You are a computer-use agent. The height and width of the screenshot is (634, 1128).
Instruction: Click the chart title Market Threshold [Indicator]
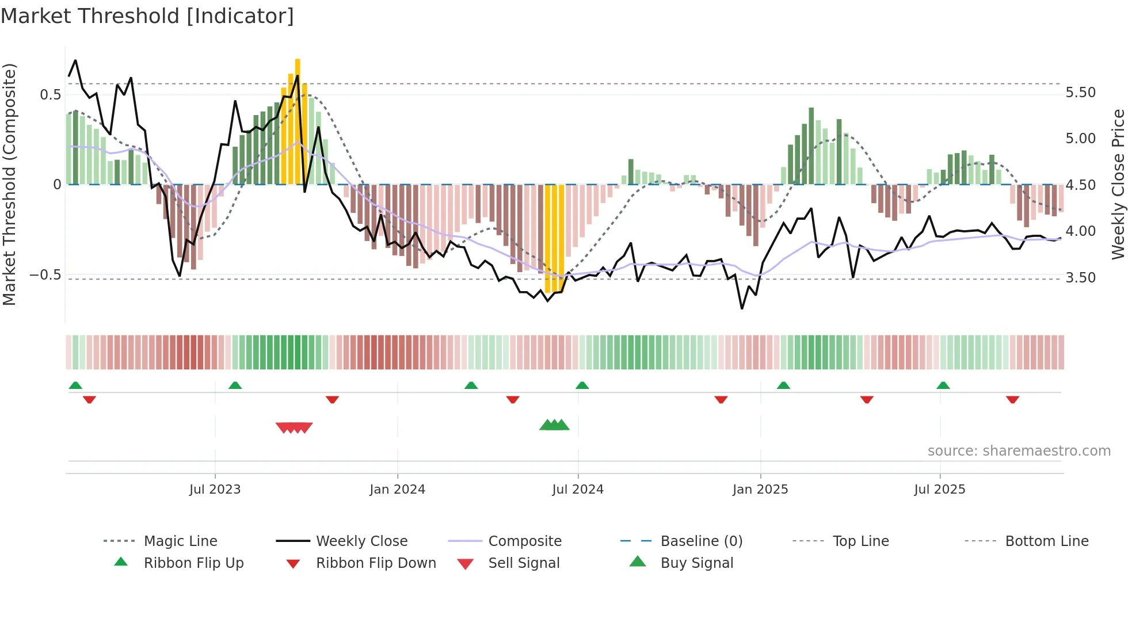click(x=147, y=16)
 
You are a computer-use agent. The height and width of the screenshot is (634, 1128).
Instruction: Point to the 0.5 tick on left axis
click(x=50, y=94)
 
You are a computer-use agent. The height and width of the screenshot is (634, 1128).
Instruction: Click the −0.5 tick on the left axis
click(x=45, y=275)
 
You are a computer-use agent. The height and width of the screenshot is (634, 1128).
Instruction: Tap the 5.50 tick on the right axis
click(x=1080, y=93)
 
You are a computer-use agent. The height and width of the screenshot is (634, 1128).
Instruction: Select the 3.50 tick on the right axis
click(x=1080, y=278)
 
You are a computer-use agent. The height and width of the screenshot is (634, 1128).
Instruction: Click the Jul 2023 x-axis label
click(x=215, y=490)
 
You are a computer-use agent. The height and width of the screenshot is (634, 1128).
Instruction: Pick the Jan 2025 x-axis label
click(x=760, y=490)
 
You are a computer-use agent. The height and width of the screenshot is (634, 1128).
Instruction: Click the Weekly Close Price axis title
click(x=1118, y=184)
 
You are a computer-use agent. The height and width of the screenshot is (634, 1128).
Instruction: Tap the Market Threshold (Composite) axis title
click(x=9, y=184)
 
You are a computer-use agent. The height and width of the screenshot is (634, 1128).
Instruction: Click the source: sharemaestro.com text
click(x=1019, y=451)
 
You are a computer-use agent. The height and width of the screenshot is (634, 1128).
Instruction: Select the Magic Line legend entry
click(x=180, y=541)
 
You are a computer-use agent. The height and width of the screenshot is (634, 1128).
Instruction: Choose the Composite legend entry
click(x=524, y=541)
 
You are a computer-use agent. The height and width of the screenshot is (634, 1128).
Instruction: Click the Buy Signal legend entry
click(x=696, y=563)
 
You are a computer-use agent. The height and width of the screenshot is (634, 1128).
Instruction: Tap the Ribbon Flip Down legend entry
click(x=375, y=563)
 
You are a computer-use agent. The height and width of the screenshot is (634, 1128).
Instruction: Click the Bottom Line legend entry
click(x=1046, y=541)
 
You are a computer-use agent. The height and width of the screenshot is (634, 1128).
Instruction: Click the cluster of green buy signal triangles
click(x=554, y=425)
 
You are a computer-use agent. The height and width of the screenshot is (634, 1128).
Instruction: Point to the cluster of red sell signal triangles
click(x=294, y=427)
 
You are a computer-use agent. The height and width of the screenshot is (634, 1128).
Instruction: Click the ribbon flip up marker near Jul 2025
click(x=943, y=385)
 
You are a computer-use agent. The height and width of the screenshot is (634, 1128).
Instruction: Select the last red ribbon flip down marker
click(x=1012, y=399)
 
